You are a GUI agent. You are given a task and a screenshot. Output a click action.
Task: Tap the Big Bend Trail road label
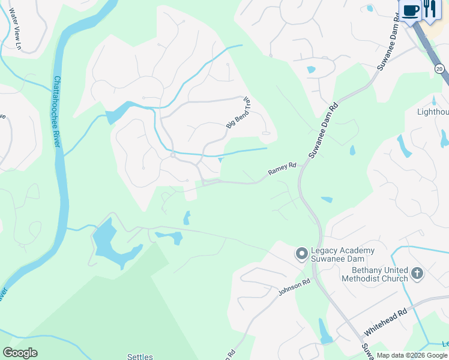238,113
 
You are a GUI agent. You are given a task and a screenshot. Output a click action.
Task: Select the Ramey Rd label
282,170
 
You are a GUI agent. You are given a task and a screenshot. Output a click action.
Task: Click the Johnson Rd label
294,287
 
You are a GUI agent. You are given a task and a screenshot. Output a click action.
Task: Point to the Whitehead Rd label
386,322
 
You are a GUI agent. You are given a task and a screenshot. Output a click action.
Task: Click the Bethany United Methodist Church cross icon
417,274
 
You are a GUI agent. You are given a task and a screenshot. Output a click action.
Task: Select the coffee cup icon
411,11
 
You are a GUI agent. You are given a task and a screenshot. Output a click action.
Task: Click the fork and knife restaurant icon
430,10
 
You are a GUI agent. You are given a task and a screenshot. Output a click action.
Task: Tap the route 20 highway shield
439,70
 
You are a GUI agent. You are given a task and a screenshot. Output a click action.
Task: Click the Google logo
20,353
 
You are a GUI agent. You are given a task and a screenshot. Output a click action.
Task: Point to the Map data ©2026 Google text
412,355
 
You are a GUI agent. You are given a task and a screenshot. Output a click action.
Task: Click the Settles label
140,356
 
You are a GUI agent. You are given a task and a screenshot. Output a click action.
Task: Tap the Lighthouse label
433,112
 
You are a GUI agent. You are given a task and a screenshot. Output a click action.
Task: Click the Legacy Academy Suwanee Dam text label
343,255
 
